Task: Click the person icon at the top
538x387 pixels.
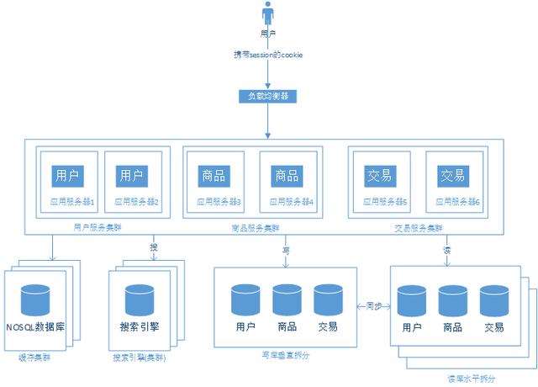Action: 268,14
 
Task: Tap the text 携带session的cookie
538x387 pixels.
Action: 268,55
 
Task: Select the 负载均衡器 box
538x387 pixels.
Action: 268,96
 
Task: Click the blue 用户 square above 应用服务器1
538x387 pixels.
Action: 66,176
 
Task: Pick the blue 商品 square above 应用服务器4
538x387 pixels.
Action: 286,176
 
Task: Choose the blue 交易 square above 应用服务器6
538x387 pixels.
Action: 452,176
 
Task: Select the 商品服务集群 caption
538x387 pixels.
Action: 256,228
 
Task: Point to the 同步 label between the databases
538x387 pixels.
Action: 374,306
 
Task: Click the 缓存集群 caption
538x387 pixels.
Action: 34,358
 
